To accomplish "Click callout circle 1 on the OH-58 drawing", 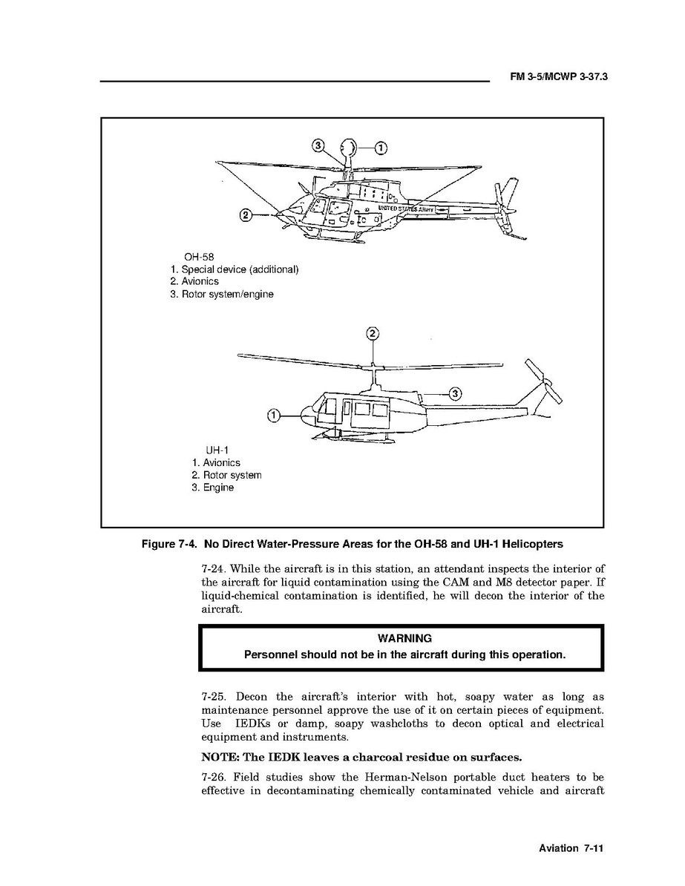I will click(x=380, y=147).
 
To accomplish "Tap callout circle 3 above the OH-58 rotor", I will click(x=318, y=146).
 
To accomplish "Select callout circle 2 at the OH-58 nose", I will click(x=245, y=216).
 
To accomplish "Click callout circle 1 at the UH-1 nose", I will click(x=273, y=416).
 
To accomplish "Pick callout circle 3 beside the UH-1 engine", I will click(x=456, y=393).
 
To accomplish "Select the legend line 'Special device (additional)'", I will click(x=234, y=269).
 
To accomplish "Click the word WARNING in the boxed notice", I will click(x=404, y=638).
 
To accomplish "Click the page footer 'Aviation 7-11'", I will click(x=569, y=848).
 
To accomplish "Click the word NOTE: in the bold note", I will click(x=222, y=758).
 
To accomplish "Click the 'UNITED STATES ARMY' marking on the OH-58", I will click(x=405, y=209).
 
